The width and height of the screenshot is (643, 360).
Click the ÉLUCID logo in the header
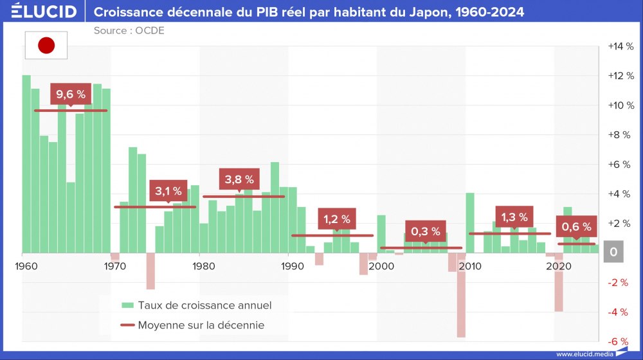(x=40, y=12)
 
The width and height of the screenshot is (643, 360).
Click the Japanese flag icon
(x=46, y=45)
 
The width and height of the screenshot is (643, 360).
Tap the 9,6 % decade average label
(x=71, y=94)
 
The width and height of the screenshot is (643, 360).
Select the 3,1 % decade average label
(x=168, y=191)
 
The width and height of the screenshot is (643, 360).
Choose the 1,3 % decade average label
(x=514, y=217)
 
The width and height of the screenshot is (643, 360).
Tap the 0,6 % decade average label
(x=576, y=227)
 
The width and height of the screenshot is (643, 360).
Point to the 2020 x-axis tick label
(x=554, y=265)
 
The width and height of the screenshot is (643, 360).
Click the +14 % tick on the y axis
(x=620, y=46)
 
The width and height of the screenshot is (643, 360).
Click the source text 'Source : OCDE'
(x=129, y=30)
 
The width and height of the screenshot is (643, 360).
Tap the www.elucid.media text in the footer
(x=584, y=354)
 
